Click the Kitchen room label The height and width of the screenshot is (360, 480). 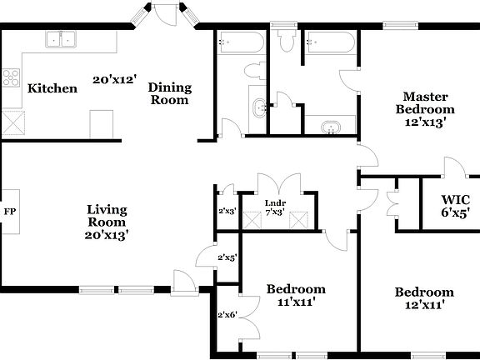point(52,88)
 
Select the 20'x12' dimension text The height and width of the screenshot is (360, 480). point(113,80)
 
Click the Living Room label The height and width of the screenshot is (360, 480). point(107,215)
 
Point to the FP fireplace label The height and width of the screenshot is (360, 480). point(10,212)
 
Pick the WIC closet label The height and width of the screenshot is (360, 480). point(456,200)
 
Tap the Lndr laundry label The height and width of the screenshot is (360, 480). point(275,202)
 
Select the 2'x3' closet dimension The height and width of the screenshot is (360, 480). point(227,212)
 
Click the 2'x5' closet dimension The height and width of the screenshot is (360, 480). point(227,258)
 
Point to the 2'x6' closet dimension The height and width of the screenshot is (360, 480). point(227,315)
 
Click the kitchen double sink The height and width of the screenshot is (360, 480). point(60,38)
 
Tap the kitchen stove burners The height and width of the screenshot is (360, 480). point(12,78)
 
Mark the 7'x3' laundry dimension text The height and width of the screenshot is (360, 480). point(275,212)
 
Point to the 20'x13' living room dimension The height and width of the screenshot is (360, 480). point(107,235)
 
